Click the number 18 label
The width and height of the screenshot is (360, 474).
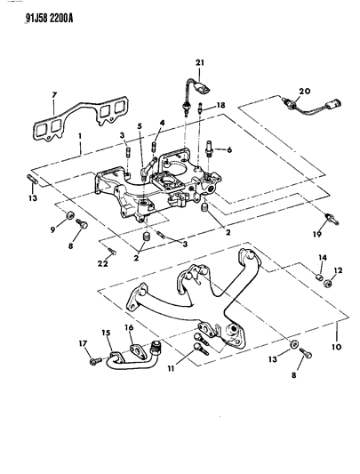pos(220,105)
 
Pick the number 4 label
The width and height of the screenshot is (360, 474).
pos(163,122)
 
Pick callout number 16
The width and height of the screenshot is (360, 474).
pos(131,328)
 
